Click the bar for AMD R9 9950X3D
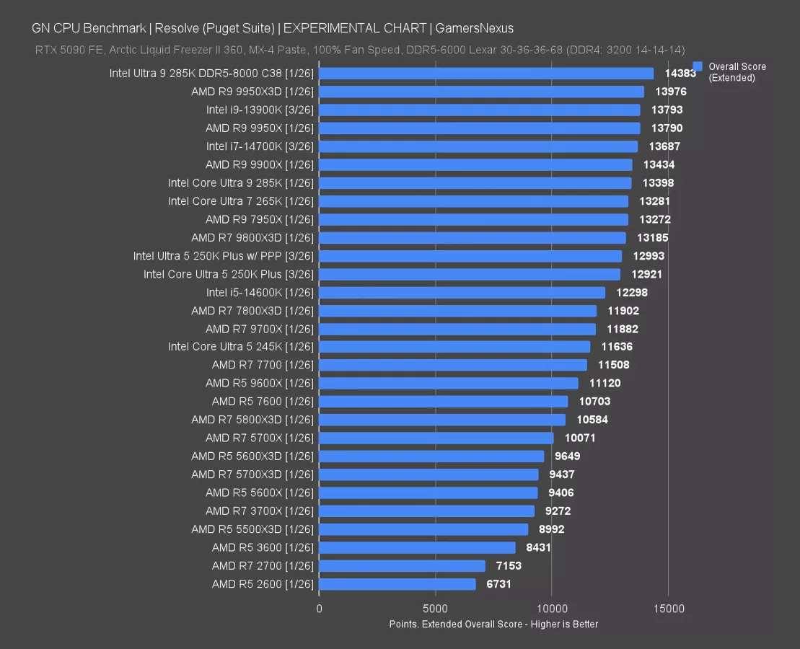click(x=481, y=92)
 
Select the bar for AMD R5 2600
click(x=397, y=584)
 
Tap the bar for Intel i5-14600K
click(x=462, y=292)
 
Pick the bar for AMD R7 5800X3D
click(x=442, y=420)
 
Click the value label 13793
click(x=667, y=110)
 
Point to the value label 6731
click(x=498, y=584)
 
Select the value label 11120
click(x=605, y=383)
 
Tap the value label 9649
click(x=567, y=456)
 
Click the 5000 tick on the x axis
click(x=436, y=609)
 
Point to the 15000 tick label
click(x=669, y=609)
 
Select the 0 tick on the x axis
click(x=319, y=609)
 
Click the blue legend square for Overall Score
click(x=697, y=66)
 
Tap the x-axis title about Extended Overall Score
click(x=493, y=624)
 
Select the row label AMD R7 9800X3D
click(x=252, y=237)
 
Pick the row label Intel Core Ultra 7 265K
click(x=241, y=201)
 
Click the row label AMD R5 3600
click(x=263, y=547)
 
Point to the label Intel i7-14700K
click(x=260, y=146)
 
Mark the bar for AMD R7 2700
click(x=402, y=566)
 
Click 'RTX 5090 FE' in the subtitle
click(x=64, y=49)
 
